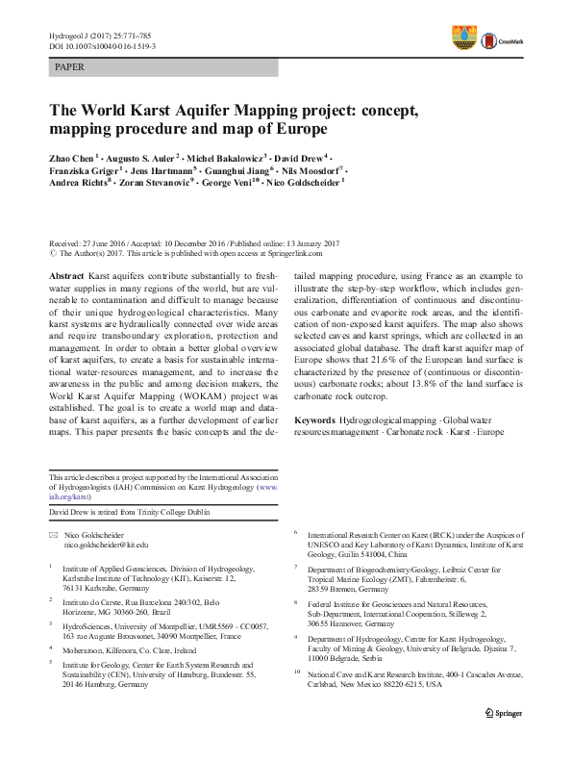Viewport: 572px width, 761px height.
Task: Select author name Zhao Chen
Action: (71, 156)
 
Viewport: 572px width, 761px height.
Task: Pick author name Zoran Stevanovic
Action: (157, 181)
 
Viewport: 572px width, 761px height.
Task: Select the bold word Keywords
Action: (315, 420)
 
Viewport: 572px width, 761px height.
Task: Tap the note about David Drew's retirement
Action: (130, 513)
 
